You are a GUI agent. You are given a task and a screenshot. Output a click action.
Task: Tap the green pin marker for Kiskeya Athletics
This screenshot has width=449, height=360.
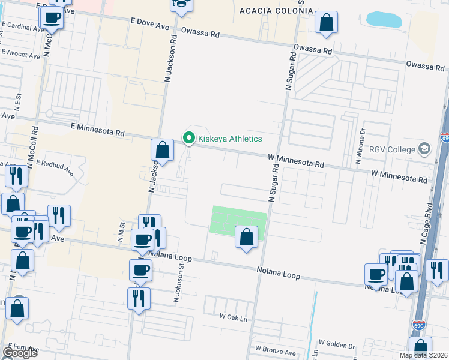point(189,139)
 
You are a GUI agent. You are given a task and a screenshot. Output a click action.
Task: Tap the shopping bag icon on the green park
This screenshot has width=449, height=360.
point(246,237)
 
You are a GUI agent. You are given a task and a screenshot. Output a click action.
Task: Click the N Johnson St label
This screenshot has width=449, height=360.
point(176,285)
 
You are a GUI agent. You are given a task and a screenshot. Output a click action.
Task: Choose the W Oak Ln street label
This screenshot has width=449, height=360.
point(234,316)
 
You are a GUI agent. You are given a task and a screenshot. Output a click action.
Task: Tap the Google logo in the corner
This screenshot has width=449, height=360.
point(20,352)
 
